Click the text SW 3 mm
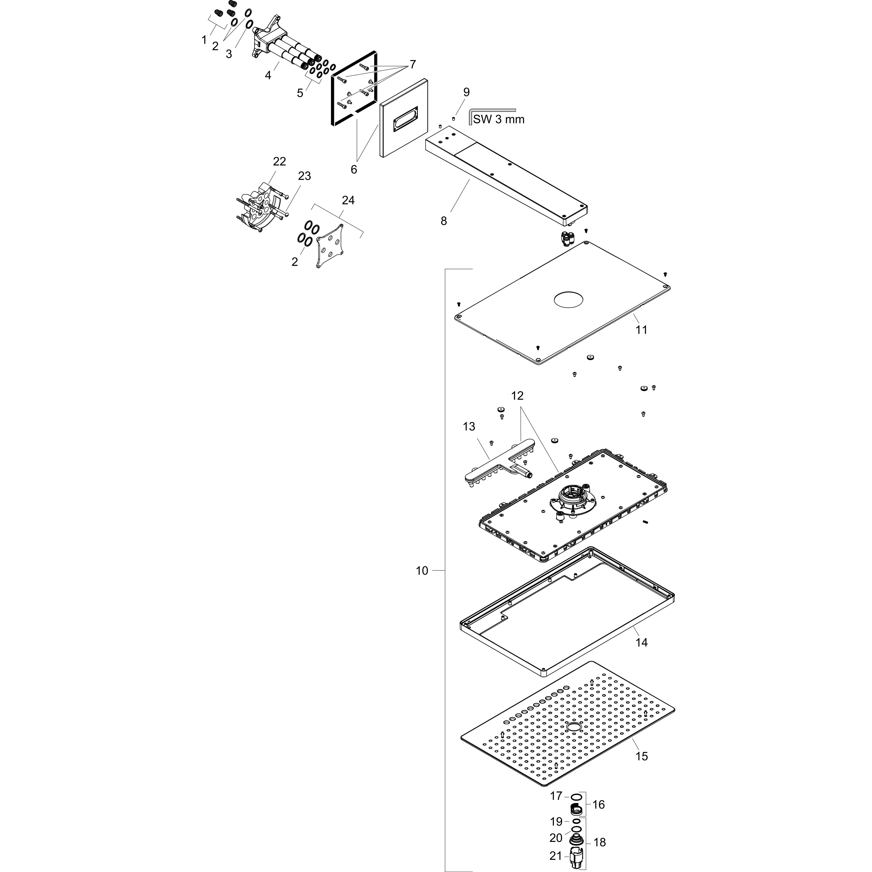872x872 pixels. pos(499,119)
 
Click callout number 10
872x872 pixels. pos(422,571)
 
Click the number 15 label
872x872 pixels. pos(641,756)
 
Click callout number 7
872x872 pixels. pos(412,65)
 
